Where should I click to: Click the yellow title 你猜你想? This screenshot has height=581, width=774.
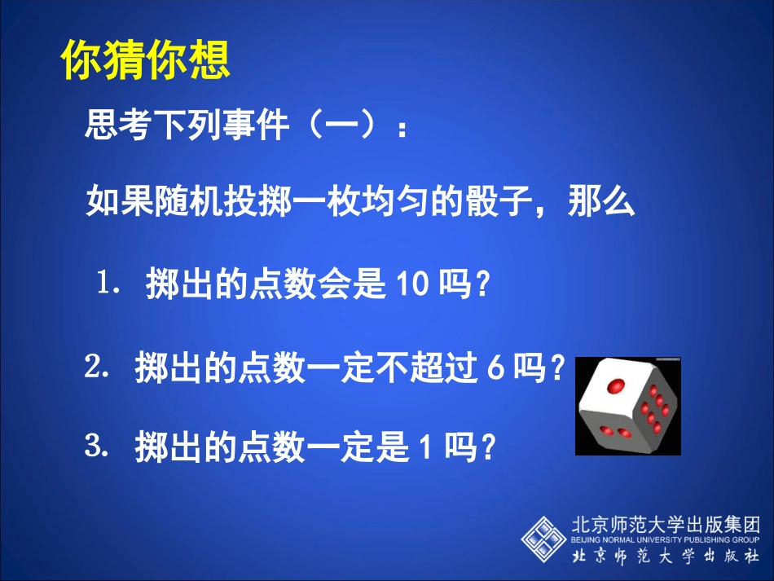(146, 59)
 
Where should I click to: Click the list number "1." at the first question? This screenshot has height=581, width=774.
(110, 284)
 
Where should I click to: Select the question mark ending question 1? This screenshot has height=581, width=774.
(482, 286)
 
